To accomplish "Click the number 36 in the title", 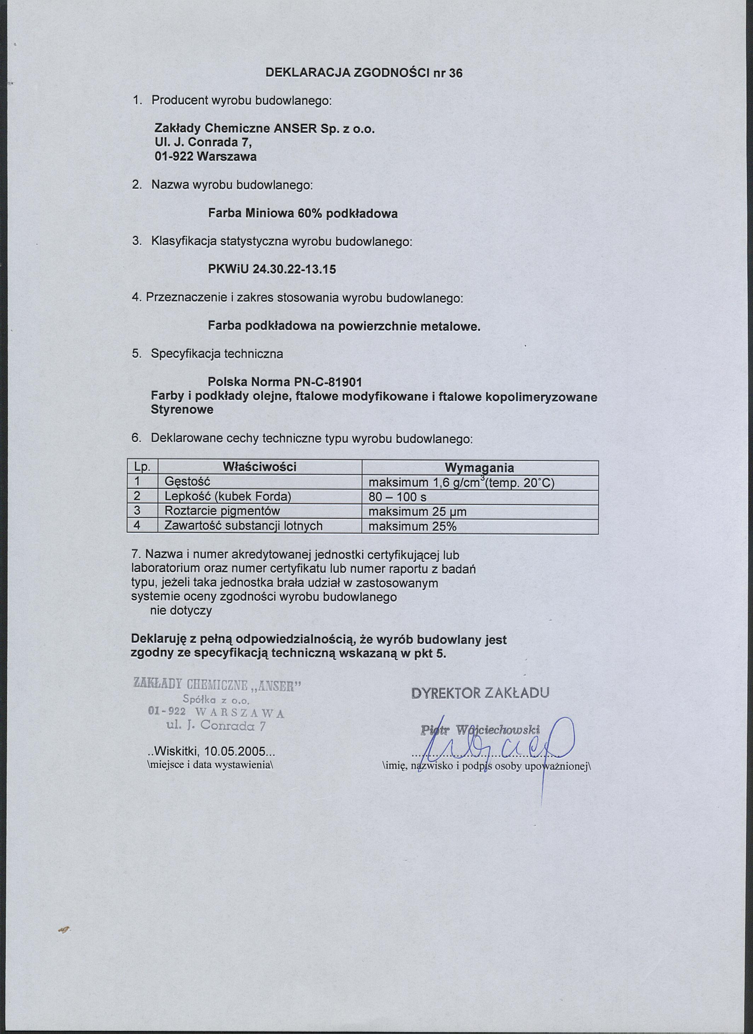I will point(455,73).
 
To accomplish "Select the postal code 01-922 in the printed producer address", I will point(172,157).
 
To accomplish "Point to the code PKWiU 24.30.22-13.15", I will point(272,269).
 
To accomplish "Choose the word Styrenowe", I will point(182,410).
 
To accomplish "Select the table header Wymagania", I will point(479,468).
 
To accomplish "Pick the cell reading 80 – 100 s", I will point(397,497).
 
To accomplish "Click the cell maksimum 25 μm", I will point(417,512).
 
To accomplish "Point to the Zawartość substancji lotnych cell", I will point(243,526).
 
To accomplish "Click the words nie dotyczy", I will point(181,611).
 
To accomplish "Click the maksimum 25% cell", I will point(412,527).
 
